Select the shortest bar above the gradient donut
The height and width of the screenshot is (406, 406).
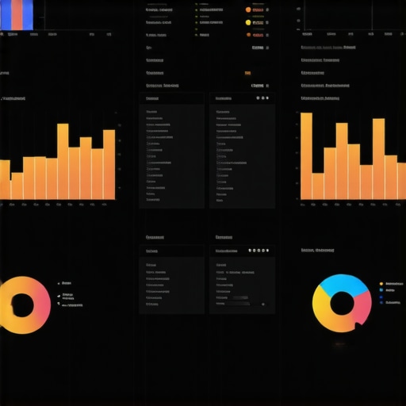pos(16,186)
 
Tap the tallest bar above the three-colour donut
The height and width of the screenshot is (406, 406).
pos(306,155)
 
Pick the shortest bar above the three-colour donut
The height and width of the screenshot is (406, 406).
pos(318,186)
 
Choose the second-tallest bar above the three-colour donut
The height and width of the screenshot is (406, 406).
pos(378,159)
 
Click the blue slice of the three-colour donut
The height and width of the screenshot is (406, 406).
pos(344,283)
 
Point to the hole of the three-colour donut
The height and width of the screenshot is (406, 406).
pos(342,302)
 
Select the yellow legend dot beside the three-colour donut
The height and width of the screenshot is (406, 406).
pos(381,283)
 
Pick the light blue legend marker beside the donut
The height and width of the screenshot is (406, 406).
pos(381,290)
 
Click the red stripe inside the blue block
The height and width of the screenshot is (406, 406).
pos(17,14)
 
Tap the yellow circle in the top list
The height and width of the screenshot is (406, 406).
pos(248,22)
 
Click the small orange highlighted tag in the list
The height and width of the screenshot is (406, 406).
pos(248,72)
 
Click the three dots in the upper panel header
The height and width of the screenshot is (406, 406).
pos(259,98)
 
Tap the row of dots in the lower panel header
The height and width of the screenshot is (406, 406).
pos(257,251)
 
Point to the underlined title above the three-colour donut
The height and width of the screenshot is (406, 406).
pos(318,251)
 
